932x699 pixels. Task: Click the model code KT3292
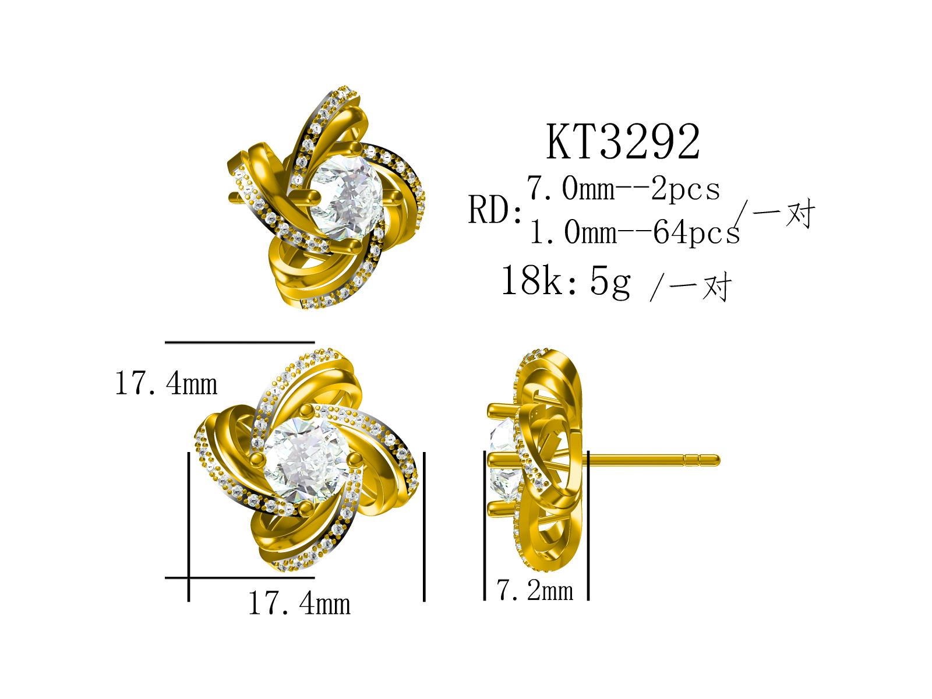[x=623, y=142]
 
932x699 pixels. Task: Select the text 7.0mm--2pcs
[x=623, y=188]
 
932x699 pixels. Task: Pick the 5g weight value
[x=610, y=283]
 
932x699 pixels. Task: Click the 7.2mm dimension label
[x=535, y=590]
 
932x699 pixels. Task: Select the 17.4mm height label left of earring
[x=166, y=383]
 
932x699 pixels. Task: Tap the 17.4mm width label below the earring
[x=299, y=603]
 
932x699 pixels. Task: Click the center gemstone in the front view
[x=306, y=460]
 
